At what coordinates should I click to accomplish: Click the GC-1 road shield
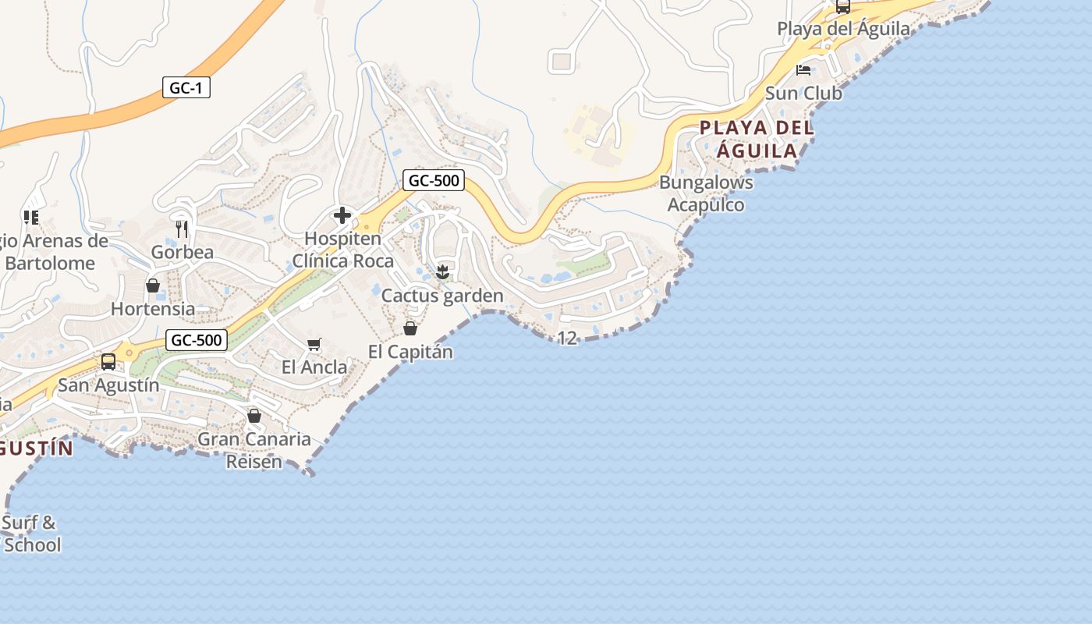point(186,87)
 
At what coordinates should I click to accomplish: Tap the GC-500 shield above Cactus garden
point(434,181)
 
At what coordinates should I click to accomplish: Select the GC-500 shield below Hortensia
point(197,340)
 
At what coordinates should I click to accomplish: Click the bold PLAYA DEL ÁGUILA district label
point(757,139)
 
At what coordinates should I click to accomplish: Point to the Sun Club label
point(803,94)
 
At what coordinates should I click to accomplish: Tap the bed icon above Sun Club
point(803,69)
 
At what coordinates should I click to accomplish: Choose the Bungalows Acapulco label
point(707,193)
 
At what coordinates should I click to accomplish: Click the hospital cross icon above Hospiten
point(342,215)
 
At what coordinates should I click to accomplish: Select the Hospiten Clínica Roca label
point(343,250)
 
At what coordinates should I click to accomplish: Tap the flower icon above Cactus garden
point(442,271)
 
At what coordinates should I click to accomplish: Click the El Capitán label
point(410,352)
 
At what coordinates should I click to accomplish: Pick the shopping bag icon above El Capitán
point(410,328)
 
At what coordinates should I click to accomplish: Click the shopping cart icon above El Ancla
point(314,344)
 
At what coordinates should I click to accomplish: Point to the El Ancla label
point(314,367)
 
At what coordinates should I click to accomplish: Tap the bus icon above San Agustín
point(108,362)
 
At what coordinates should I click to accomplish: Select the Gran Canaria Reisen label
point(254,450)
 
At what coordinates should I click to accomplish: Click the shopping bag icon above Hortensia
point(153,285)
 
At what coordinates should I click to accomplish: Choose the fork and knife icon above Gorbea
point(182,229)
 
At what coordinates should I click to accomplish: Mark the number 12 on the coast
point(568,339)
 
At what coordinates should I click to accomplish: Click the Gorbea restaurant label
point(182,252)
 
